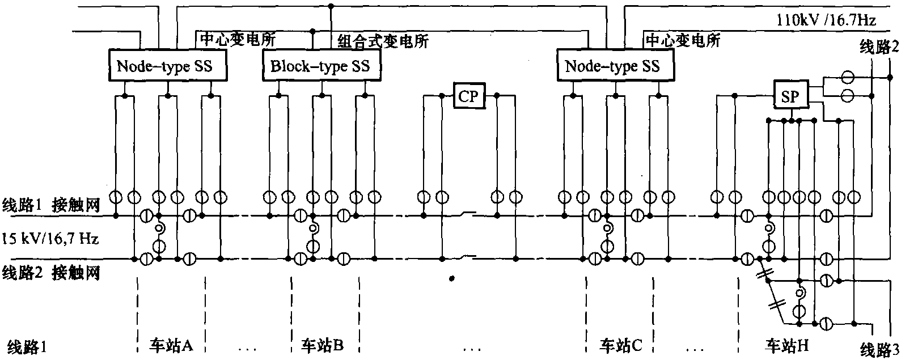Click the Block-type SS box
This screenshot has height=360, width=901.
pyautogui.click(x=320, y=66)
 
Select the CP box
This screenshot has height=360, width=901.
pyautogui.click(x=468, y=96)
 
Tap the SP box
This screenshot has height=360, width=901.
pyautogui.click(x=789, y=97)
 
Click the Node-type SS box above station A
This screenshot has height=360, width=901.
pyautogui.click(x=164, y=66)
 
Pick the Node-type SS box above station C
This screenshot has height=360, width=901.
pyautogui.click(x=613, y=66)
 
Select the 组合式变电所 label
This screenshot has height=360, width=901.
pyautogui.click(x=383, y=41)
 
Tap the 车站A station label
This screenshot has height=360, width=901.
pyautogui.click(x=171, y=345)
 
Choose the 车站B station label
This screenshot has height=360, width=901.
pyautogui.click(x=322, y=345)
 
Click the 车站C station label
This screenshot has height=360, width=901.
pyautogui.click(x=621, y=345)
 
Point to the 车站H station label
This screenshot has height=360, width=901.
pyautogui.click(x=788, y=345)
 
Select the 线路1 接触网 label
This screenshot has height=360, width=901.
pyautogui.click(x=51, y=205)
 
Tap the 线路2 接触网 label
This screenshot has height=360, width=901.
pyautogui.click(x=51, y=273)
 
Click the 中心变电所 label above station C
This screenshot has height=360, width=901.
pyautogui.click(x=683, y=40)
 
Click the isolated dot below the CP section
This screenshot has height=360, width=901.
pyautogui.click(x=451, y=278)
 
